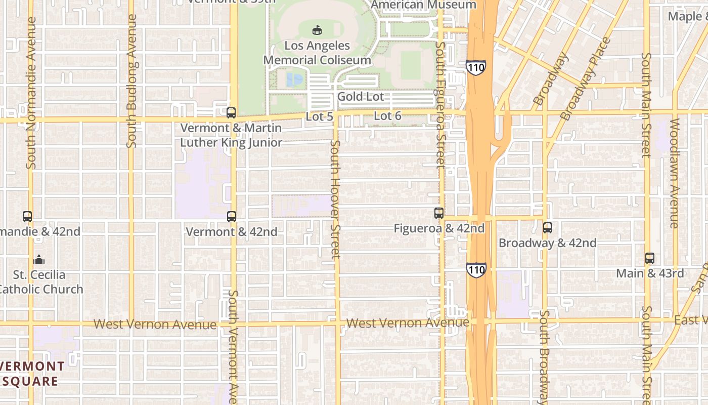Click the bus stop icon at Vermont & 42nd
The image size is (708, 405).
click(232, 217)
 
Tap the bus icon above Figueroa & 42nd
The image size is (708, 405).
click(439, 213)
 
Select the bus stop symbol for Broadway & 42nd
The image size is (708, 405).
click(548, 228)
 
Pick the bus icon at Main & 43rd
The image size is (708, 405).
click(650, 258)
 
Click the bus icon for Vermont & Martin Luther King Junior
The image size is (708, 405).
click(231, 113)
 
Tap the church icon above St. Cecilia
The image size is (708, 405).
click(39, 260)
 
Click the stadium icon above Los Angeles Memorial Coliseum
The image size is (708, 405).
click(317, 30)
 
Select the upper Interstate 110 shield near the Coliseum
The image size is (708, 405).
click(476, 67)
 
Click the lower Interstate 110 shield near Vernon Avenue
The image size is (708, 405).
click(476, 270)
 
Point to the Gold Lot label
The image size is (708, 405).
click(361, 97)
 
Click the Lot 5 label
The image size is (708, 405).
click(320, 116)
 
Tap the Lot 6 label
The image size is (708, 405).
click(387, 116)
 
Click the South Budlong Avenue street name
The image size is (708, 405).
click(132, 81)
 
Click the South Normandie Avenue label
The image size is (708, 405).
click(31, 93)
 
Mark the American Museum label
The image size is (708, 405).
click(423, 5)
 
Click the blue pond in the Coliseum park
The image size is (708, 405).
click(294, 79)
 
